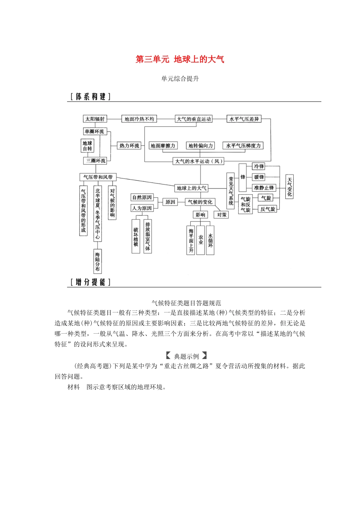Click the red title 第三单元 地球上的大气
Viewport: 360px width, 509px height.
pyautogui.click(x=180, y=59)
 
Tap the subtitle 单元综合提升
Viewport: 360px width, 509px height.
pyautogui.click(x=180, y=79)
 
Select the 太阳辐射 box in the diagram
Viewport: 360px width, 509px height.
pyautogui.click(x=95, y=119)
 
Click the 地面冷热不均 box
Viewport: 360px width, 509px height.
pyautogui.click(x=139, y=119)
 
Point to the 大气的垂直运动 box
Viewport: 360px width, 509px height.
pyautogui.click(x=194, y=119)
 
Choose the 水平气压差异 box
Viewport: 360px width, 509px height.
pyautogui.click(x=244, y=119)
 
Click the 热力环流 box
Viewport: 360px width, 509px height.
pyautogui.click(x=129, y=145)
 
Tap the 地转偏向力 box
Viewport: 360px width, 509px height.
pyautogui.click(x=201, y=145)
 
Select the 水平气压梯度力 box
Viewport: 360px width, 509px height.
pyautogui.click(x=243, y=145)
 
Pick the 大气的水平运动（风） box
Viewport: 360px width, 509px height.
pyautogui.click(x=199, y=161)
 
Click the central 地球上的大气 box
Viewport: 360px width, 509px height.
pyautogui.click(x=192, y=188)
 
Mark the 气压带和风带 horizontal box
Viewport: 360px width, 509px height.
pyautogui.click(x=98, y=177)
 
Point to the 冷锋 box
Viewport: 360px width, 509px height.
pyautogui.click(x=259, y=166)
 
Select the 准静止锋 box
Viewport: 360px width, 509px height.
pyautogui.click(x=264, y=187)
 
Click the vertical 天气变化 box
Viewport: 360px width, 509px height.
pyautogui.click(x=290, y=187)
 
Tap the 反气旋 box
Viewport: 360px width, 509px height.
pyautogui.click(x=268, y=209)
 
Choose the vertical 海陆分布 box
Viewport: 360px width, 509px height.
pyautogui.click(x=98, y=261)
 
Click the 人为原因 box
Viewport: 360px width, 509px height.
pyautogui.click(x=142, y=208)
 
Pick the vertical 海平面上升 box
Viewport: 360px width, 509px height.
pyautogui.click(x=191, y=240)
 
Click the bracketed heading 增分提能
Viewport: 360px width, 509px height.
pyautogui.click(x=90, y=282)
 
